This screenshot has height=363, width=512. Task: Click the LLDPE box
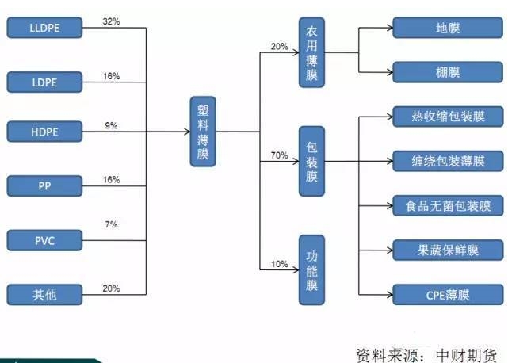tap(44, 28)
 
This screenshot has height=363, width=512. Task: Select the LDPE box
tap(44, 82)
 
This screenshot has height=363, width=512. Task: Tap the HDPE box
tap(44, 132)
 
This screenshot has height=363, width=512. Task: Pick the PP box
tap(44, 186)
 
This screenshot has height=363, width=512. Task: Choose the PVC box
tap(44, 241)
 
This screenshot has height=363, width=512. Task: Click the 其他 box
tap(44, 295)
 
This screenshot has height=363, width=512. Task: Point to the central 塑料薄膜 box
tap(203, 132)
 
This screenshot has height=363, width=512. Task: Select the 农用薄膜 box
tap(311, 52)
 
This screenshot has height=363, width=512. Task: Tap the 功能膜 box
tap(311, 270)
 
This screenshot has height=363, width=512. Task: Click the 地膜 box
tap(448, 28)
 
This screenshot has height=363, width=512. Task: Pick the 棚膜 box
tap(448, 72)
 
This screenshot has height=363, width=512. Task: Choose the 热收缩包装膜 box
tap(448, 117)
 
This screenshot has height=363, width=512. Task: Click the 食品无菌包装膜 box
tap(448, 205)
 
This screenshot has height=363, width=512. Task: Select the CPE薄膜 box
tap(448, 295)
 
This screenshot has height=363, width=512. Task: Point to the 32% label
tap(111, 21)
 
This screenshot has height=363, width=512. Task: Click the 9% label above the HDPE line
tap(111, 126)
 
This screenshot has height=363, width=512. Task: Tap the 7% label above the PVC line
tap(111, 224)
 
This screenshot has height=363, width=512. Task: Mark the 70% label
tap(280, 155)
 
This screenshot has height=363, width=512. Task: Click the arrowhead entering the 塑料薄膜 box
tap(187, 132)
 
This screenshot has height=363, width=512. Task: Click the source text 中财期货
tap(466, 355)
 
